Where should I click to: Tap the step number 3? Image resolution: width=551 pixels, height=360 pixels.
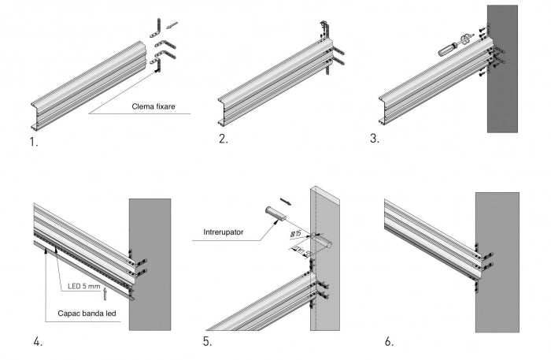click(374, 139)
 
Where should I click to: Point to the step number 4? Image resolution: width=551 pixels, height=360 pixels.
click(37, 341)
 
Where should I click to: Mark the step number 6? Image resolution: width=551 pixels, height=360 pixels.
click(389, 341)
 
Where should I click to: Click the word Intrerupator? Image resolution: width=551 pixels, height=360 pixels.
click(223, 232)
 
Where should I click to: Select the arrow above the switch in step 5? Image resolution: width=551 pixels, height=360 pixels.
click(286, 202)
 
